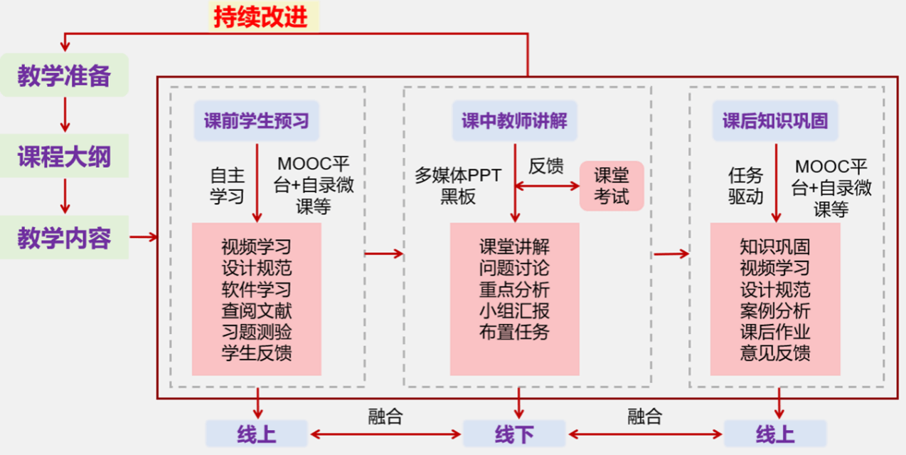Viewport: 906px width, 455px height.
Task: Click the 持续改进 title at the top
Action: pos(261,16)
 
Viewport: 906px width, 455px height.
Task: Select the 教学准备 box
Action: pos(65,75)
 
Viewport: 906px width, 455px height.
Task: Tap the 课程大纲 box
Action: pos(65,157)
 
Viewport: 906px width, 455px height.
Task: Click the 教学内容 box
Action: pos(65,238)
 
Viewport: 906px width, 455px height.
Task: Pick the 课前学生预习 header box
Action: pos(257,121)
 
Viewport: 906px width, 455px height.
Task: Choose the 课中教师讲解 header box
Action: pos(515,121)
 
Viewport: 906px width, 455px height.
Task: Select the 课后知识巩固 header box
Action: pos(775,121)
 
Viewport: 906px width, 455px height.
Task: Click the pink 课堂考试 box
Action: pos(612,186)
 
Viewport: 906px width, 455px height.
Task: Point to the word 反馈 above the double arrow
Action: pos(546,167)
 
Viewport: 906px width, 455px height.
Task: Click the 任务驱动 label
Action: pos(745,186)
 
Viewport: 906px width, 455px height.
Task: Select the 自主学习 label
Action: pos(227,186)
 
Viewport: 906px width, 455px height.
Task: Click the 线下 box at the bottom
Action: pos(514,434)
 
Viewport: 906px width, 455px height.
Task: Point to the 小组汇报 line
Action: pos(514,311)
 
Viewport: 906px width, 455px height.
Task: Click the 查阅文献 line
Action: pos(256,311)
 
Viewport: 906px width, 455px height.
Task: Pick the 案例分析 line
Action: pos(775,311)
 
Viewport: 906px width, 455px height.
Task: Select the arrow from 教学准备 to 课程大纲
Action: pos(65,115)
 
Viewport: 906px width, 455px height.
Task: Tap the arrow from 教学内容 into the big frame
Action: pos(143,238)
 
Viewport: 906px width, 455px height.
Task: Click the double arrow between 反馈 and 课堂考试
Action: pos(547,187)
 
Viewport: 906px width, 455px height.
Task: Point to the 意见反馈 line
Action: pos(775,353)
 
